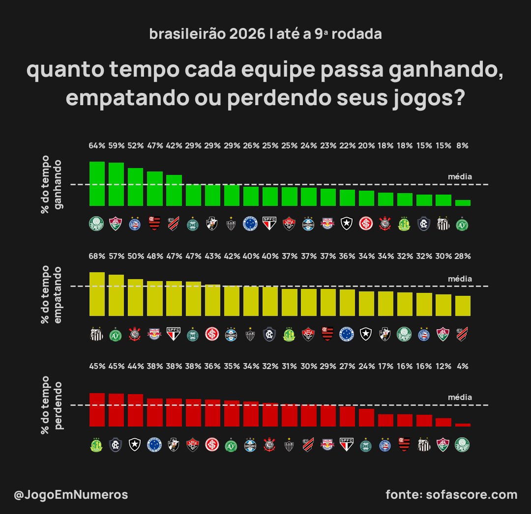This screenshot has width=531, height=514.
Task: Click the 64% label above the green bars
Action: (97, 145)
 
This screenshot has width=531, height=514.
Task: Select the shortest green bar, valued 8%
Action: (463, 202)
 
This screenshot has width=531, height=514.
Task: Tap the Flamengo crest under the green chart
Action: (154, 224)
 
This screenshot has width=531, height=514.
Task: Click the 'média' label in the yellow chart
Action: (460, 279)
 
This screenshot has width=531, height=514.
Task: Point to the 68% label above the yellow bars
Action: (97, 256)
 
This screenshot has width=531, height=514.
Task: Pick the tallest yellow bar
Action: (97, 293)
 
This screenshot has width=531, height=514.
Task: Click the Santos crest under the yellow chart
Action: (97, 335)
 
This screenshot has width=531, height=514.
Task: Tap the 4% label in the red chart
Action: (463, 366)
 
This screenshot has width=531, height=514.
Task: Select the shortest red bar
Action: (463, 425)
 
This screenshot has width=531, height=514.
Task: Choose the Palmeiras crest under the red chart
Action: (463, 445)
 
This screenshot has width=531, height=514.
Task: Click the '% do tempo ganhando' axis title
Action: (52, 184)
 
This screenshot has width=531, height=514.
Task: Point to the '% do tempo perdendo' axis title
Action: (52, 405)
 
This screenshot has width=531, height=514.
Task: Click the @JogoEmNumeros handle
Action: (71, 495)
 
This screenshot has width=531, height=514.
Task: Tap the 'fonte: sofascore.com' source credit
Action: (451, 494)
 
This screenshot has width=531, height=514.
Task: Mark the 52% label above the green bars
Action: (135, 145)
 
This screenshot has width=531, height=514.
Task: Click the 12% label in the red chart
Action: (443, 366)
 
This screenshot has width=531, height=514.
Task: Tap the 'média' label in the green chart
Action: (460, 176)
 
